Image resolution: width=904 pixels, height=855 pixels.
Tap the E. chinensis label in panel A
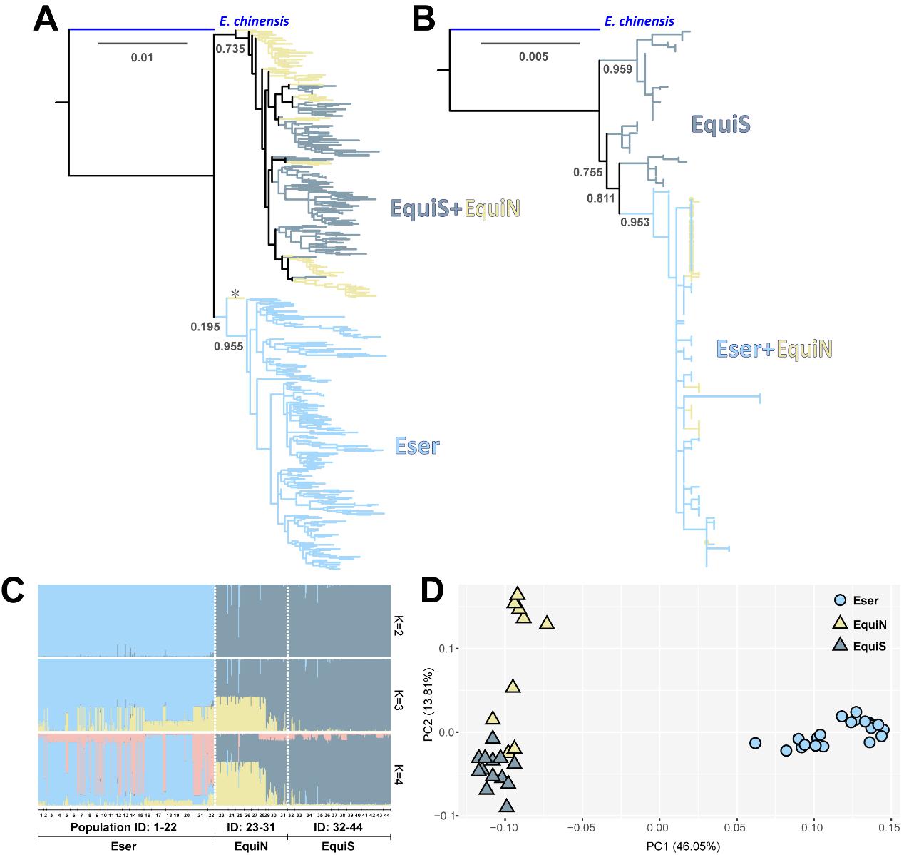click(x=254, y=21)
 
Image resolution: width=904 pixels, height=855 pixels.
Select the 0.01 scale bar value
click(x=142, y=57)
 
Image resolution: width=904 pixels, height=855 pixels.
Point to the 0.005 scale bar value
click(x=533, y=56)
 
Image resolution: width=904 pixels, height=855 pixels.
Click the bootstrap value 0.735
click(x=230, y=49)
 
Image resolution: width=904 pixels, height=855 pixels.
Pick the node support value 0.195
click(x=204, y=328)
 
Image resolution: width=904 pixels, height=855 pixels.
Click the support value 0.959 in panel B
click(x=617, y=70)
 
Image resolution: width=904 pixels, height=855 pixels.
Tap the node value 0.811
click(x=600, y=198)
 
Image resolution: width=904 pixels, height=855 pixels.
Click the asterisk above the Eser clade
click(x=234, y=293)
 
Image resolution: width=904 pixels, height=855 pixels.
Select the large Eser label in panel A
click(x=417, y=447)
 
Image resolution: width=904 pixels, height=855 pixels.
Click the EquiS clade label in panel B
click(x=721, y=125)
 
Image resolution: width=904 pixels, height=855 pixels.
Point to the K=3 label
click(x=397, y=694)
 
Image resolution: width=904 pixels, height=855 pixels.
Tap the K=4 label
click(x=397, y=771)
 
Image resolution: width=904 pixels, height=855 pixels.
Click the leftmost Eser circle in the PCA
click(x=755, y=743)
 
